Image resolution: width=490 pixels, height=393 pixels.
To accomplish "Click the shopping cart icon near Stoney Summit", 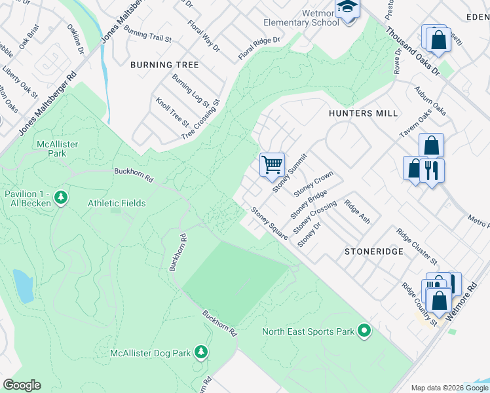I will [x=272, y=164].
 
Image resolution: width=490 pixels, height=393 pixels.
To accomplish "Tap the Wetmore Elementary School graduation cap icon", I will [x=347, y=8].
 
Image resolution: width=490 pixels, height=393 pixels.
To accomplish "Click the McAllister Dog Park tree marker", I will [x=202, y=353].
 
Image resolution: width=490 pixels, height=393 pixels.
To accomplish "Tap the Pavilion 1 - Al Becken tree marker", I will [x=61, y=197].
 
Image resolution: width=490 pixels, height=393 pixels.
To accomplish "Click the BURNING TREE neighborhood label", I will [x=164, y=65].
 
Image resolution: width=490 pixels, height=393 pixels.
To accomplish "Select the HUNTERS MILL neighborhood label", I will [x=363, y=113].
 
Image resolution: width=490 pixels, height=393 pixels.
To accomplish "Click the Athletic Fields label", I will [x=117, y=204].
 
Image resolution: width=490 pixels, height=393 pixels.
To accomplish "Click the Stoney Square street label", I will [x=269, y=223].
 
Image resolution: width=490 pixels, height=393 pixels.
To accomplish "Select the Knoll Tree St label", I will [x=172, y=112].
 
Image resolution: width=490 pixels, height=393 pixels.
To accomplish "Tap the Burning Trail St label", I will [x=147, y=35].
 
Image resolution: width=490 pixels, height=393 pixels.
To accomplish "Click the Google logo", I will [x=22, y=385].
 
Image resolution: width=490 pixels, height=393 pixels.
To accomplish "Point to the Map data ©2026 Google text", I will [x=449, y=387].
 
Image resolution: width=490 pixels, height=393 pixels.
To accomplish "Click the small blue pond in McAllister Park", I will [x=23, y=286].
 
